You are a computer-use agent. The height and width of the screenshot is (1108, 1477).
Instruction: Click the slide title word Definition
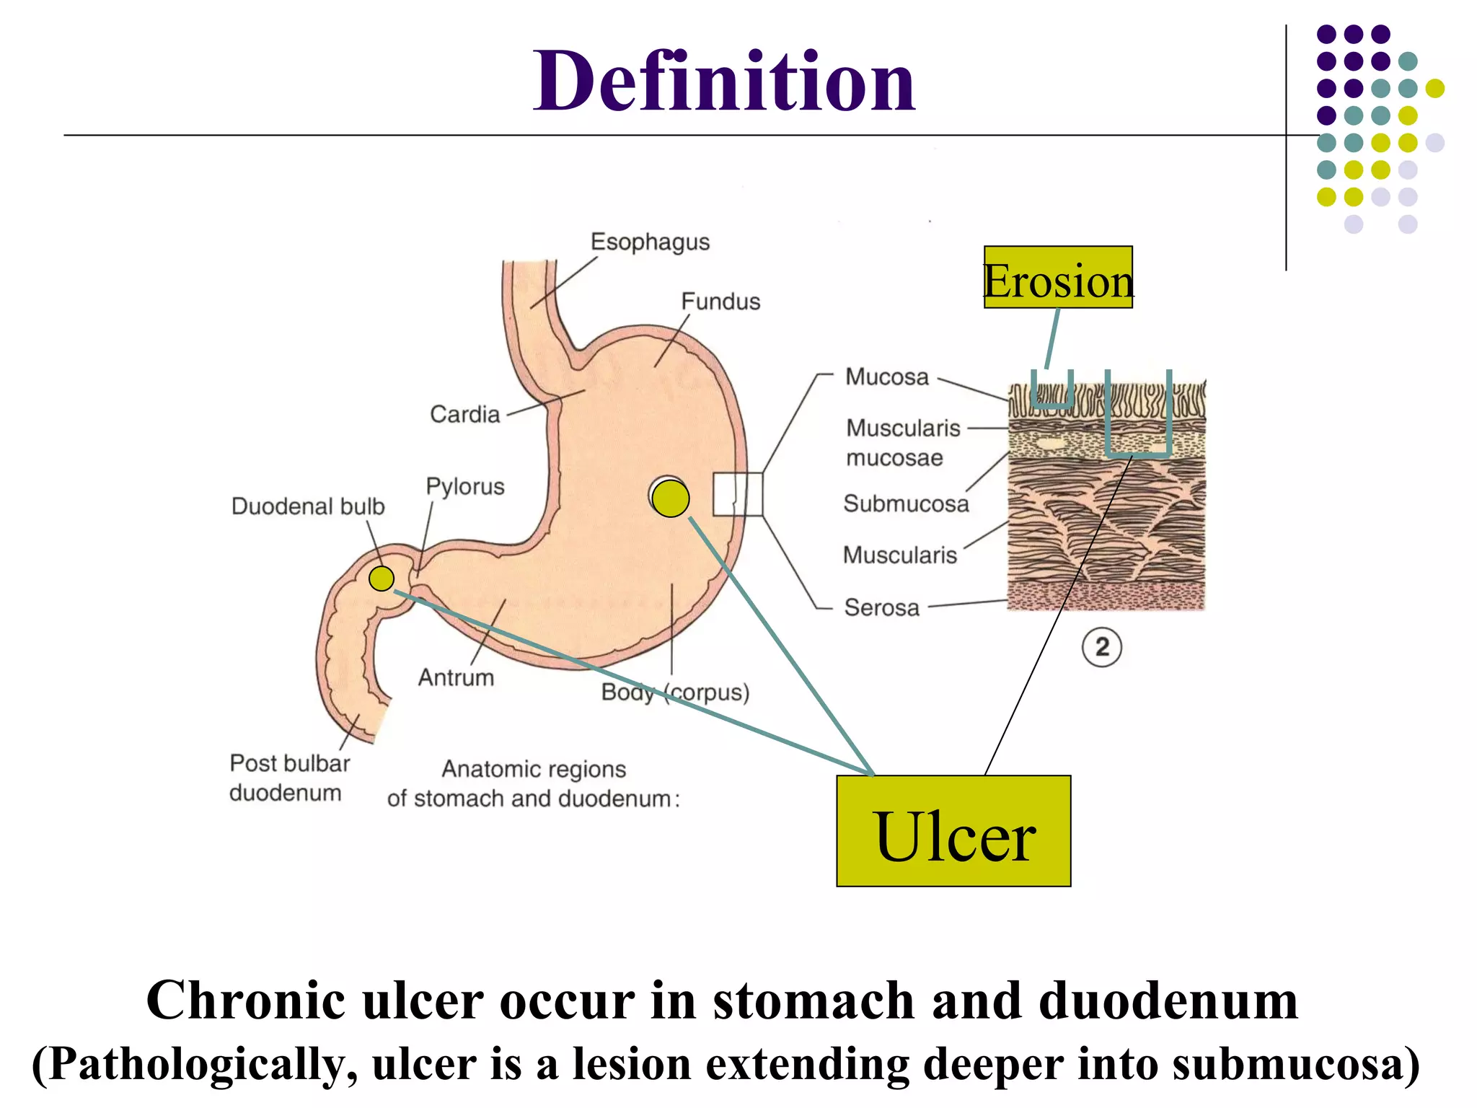coord(723,81)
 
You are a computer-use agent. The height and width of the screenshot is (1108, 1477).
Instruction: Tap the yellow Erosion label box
coord(1058,278)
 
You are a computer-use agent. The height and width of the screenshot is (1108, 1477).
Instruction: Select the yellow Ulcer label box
coord(953,831)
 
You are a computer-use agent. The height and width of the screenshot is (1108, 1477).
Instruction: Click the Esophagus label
coord(650,242)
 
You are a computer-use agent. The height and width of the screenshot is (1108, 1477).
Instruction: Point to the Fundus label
coord(720,302)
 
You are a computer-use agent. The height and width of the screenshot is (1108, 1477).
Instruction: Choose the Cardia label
coord(464,414)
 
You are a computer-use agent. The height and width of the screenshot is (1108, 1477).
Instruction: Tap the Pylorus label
coord(464,486)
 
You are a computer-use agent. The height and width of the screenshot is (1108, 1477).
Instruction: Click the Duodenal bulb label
coord(308,506)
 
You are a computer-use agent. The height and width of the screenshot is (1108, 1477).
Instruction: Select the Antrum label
coord(456,677)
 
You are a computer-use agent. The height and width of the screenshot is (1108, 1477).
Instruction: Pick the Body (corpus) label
coord(675,692)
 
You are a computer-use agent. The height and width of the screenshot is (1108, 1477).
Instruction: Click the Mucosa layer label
coord(886,377)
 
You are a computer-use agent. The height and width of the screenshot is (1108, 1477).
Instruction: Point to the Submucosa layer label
coord(906,504)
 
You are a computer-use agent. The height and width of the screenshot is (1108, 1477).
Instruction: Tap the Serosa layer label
coord(882,607)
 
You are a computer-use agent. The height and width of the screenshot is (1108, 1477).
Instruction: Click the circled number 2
coord(1101,647)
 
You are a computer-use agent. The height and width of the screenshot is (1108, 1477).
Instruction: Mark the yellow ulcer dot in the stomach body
coord(671,498)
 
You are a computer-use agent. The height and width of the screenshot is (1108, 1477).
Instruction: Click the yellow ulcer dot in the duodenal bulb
coord(382,579)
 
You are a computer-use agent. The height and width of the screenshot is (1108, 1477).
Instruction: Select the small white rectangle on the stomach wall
coord(737,494)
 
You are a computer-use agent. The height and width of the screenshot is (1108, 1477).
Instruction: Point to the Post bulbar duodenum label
coord(289,778)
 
